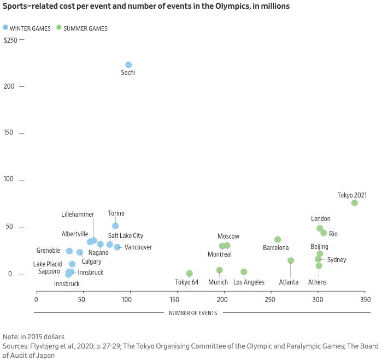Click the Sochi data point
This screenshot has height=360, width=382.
[128, 65]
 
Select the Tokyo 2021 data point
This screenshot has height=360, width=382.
[354, 203]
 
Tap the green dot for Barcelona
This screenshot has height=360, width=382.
[278, 240]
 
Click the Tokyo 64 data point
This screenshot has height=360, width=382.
[190, 274]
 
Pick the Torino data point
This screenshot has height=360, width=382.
[115, 226]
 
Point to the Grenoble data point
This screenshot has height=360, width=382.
[69, 251]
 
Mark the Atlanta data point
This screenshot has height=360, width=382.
[291, 260]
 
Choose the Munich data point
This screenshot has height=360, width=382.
[220, 270]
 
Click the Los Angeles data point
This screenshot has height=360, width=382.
[244, 272]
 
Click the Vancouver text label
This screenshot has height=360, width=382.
[138, 247]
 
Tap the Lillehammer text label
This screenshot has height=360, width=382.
[78, 214]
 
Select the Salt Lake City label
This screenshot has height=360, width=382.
[125, 236]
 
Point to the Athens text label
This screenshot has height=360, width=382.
[317, 282]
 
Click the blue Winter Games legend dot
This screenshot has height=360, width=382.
[5, 27]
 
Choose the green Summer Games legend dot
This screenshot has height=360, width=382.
[59, 27]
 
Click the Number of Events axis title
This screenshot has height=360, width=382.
[192, 313]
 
